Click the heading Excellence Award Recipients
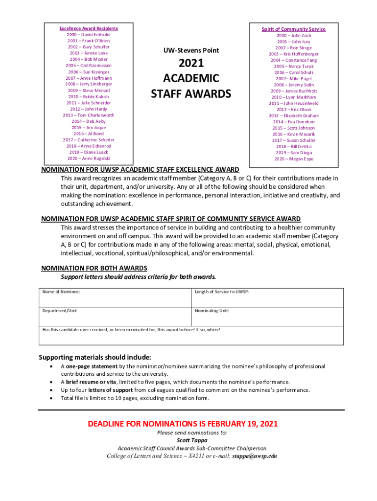click(89, 28)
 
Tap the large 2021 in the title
click(191, 64)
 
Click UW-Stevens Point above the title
click(191, 50)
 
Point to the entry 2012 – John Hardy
click(89, 109)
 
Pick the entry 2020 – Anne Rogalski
click(89, 159)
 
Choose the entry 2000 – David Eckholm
click(89, 35)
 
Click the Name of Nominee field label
click(61, 292)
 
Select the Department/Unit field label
click(59, 311)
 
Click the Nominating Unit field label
click(212, 311)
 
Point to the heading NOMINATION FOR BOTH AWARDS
click(94, 268)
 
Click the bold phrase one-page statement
click(92, 366)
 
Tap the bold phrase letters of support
click(113, 390)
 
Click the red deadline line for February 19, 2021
click(183, 424)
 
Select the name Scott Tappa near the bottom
click(191, 440)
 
